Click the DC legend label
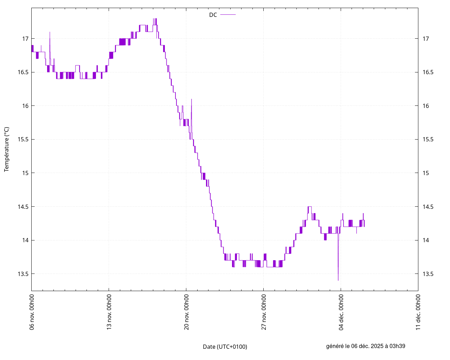213,15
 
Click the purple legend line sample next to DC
228,15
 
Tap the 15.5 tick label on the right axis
428,140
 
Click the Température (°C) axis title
7,149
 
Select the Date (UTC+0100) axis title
225,347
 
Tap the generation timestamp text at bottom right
366,346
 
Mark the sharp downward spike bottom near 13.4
338,280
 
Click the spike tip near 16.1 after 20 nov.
191,99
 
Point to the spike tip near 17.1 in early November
50,32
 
